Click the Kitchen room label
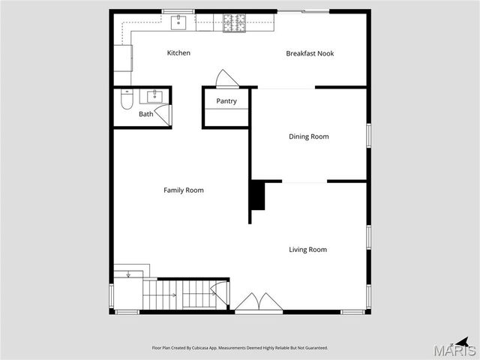pyautogui.click(x=178, y=53)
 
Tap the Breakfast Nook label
pyautogui.click(x=310, y=53)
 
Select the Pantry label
pyautogui.click(x=226, y=101)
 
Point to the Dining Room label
pyautogui.click(x=309, y=136)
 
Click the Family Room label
pyautogui.click(x=184, y=190)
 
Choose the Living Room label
pyautogui.click(x=308, y=250)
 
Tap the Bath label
pyautogui.click(x=145, y=114)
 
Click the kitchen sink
pyautogui.click(x=178, y=22)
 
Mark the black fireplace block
pyautogui.click(x=257, y=196)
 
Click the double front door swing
pyautogui.click(x=259, y=302)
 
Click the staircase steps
pyautogui.click(x=180, y=294)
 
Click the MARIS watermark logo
pyautogui.click(x=457, y=349)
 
